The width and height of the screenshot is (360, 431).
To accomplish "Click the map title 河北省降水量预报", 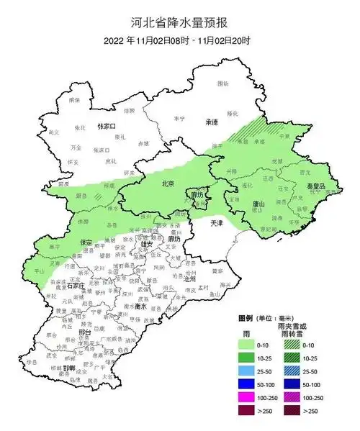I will click(180, 23).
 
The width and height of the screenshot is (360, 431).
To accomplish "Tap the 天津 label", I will click(217, 224).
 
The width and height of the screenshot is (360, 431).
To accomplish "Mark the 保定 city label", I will click(86, 242).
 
